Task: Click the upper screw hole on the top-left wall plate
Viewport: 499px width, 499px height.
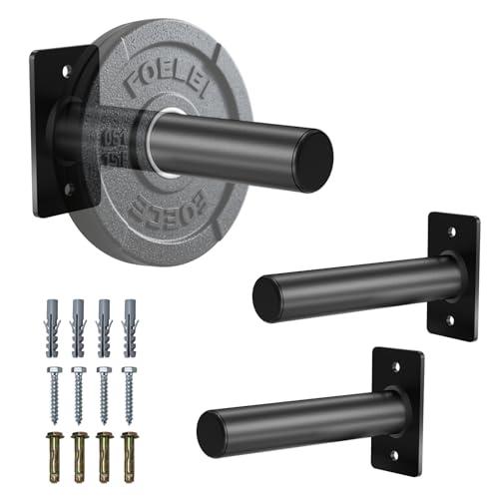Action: point(66,71)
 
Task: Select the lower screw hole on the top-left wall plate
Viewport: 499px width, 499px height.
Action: point(67,187)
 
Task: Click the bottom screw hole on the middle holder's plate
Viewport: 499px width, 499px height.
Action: point(448,319)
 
